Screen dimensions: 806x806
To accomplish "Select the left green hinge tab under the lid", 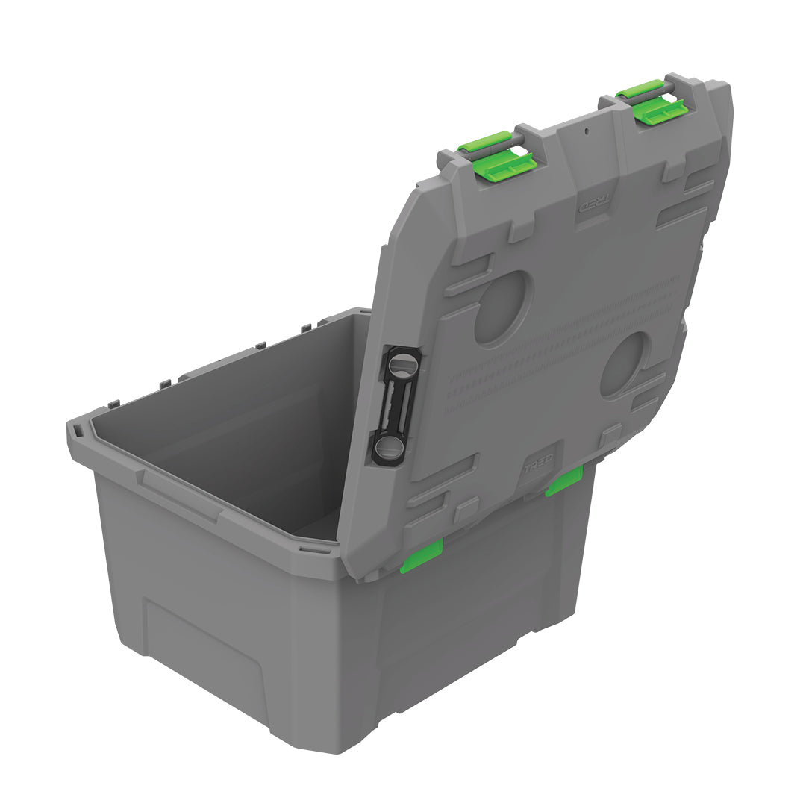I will tap(421, 557).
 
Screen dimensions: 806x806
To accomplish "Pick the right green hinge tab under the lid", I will tap(563, 481).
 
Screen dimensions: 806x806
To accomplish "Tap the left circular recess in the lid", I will tap(504, 307).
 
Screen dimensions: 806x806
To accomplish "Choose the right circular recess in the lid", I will tap(625, 364).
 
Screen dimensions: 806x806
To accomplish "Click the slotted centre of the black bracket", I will tap(396, 407).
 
